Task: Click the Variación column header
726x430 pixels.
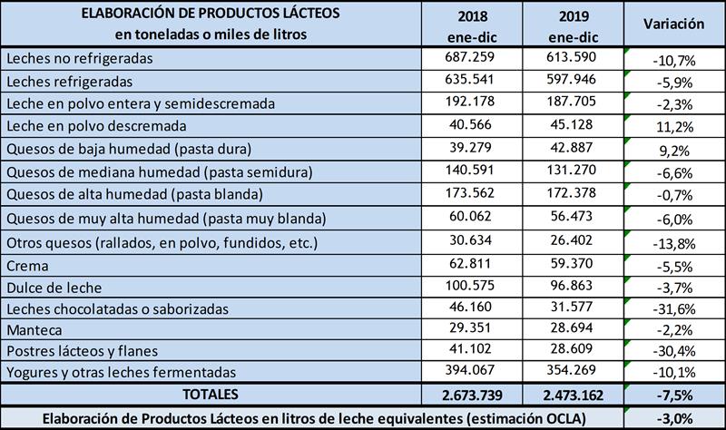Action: (x=673, y=24)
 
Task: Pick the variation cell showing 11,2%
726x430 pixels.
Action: (x=673, y=127)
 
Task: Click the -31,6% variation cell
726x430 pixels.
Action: (x=673, y=314)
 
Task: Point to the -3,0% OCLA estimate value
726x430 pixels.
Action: (x=673, y=418)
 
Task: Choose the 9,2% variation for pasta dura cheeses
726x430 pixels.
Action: (x=673, y=150)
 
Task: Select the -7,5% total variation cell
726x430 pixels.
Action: (x=673, y=396)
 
